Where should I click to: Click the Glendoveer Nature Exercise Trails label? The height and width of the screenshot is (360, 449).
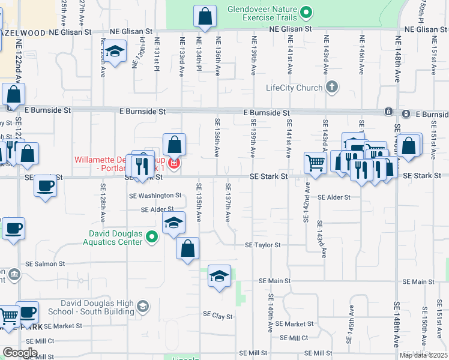tap(262, 14)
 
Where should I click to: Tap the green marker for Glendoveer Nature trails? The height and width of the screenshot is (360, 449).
tap(307, 12)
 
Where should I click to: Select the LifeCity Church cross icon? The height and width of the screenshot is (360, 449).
tap(331, 88)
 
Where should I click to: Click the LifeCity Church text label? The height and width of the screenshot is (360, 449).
tap(294, 88)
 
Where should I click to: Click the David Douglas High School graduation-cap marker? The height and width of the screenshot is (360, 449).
tap(142, 307)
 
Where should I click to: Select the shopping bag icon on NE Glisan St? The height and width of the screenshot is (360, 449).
tap(205, 16)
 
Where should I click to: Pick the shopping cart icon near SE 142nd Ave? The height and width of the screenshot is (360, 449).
tap(315, 161)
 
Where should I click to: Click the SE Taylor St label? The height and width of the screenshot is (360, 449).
tap(262, 245)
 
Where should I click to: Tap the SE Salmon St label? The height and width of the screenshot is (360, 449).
tap(44, 264)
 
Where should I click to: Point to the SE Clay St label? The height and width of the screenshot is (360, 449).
tap(217, 314)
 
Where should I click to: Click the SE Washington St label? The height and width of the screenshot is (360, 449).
tap(155, 196)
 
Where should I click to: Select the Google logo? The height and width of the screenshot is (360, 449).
tap(20, 353)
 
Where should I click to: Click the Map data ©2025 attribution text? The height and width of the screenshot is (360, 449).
tap(423, 355)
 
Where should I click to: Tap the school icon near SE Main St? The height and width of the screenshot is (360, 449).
tap(219, 276)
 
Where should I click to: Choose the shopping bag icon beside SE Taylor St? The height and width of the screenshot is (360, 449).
tap(187, 247)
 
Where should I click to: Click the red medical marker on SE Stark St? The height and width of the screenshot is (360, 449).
tap(174, 163)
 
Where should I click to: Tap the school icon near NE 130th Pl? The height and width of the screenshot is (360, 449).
tap(115, 53)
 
